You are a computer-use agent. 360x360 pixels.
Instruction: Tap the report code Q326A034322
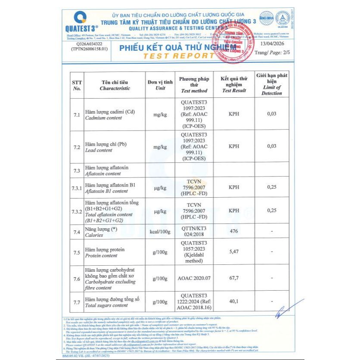click(89, 44)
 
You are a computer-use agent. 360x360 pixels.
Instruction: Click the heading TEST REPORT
click(179, 56)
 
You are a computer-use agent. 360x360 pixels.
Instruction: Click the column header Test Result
click(234, 91)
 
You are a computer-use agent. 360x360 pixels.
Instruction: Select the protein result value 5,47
click(234, 251)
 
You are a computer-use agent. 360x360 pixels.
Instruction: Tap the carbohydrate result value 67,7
click(234, 278)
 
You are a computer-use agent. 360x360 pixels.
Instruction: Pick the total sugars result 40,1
click(234, 302)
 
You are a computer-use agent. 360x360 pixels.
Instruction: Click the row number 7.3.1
click(78, 188)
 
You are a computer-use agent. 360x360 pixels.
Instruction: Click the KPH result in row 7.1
click(234, 114)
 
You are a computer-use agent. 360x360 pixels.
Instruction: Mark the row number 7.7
click(77, 302)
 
